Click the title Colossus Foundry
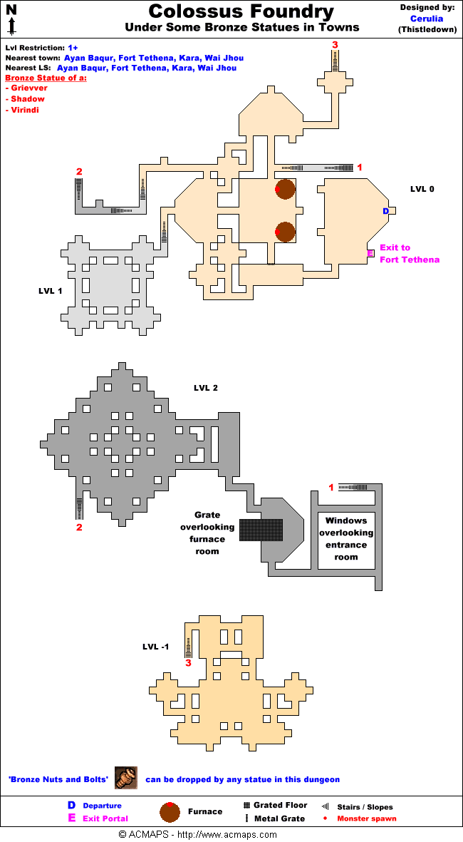(241, 12)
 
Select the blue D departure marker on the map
(386, 211)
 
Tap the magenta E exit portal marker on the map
(370, 253)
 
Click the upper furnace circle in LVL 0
(285, 189)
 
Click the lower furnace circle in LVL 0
(285, 232)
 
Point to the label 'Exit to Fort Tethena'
(409, 254)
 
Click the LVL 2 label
(205, 388)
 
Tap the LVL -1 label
(155, 647)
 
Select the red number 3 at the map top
(335, 45)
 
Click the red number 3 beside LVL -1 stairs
(188, 663)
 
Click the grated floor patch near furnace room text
(261, 530)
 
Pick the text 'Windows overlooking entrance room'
(346, 539)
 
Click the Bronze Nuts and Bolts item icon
(126, 779)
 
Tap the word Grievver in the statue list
(29, 88)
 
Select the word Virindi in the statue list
(25, 111)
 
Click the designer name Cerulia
(427, 19)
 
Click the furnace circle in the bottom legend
(170, 811)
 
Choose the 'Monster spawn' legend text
(367, 818)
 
